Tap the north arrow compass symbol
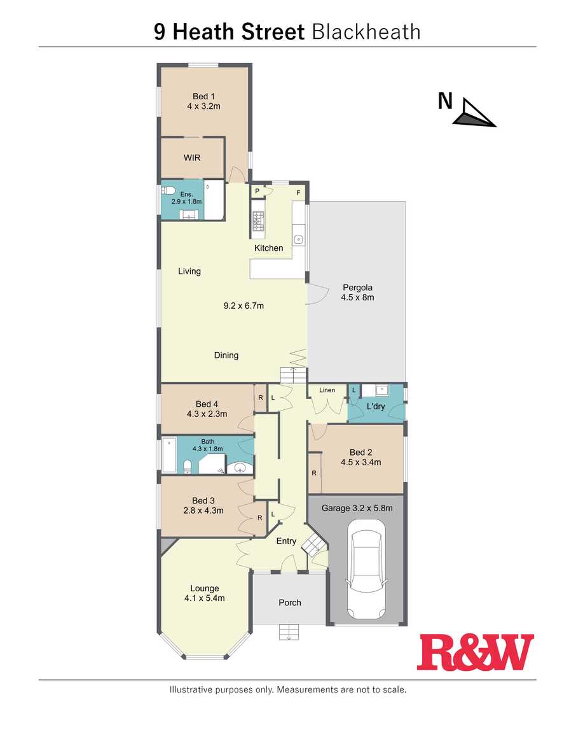(474, 113)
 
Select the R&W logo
(476, 652)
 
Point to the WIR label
(192, 158)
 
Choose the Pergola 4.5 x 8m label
(357, 292)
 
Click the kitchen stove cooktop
(258, 222)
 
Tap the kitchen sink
(298, 239)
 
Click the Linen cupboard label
(327, 390)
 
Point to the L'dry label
(376, 406)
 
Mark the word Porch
(290, 603)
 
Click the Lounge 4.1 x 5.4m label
(204, 593)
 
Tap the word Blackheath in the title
(366, 32)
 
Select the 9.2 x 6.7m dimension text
(243, 306)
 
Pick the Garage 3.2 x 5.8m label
(357, 508)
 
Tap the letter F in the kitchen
(298, 193)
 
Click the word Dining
(226, 355)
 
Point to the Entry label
(286, 541)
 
